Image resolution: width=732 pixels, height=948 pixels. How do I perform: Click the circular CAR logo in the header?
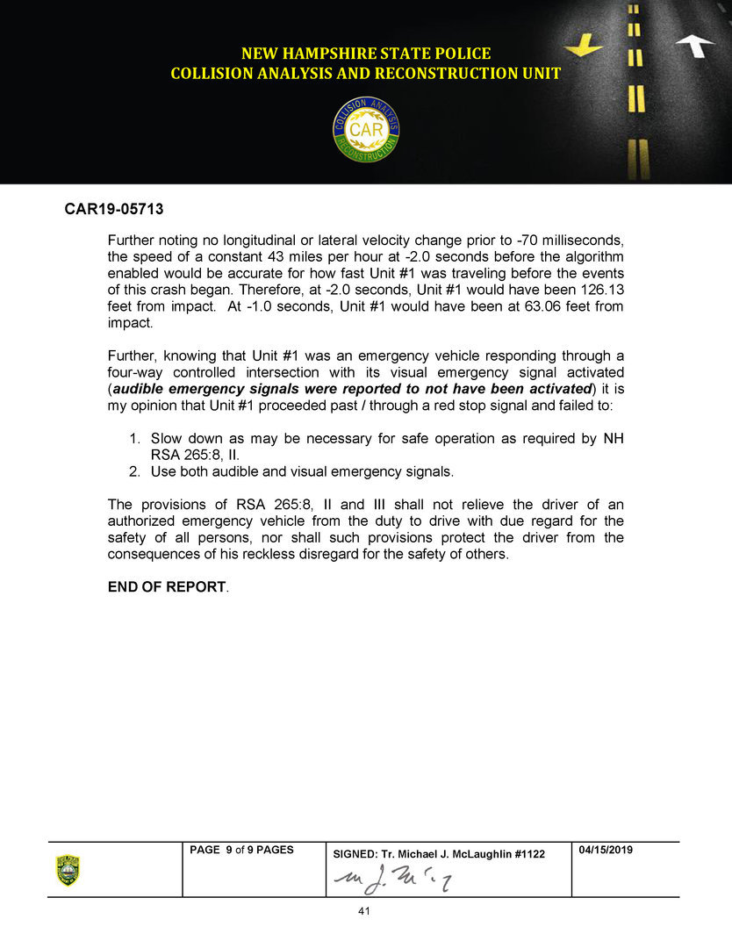(366, 130)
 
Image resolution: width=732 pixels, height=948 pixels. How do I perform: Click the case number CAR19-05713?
(114, 211)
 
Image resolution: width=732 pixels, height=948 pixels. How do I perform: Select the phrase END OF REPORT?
(166, 586)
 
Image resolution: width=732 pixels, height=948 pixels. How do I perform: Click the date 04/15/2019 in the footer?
(606, 851)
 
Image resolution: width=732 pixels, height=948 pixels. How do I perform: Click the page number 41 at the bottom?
(365, 911)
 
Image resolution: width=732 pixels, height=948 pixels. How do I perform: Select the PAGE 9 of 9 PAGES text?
(241, 851)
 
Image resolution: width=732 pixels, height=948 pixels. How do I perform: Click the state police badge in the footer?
(68, 870)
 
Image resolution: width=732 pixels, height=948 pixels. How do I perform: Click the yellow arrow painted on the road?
(584, 43)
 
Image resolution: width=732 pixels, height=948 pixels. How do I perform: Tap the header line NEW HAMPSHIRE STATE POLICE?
(366, 54)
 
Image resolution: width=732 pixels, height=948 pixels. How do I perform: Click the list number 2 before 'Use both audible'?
(134, 471)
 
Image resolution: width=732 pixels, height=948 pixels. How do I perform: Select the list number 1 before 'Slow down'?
(134, 438)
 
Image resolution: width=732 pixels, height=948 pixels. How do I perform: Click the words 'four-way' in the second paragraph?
(136, 372)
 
